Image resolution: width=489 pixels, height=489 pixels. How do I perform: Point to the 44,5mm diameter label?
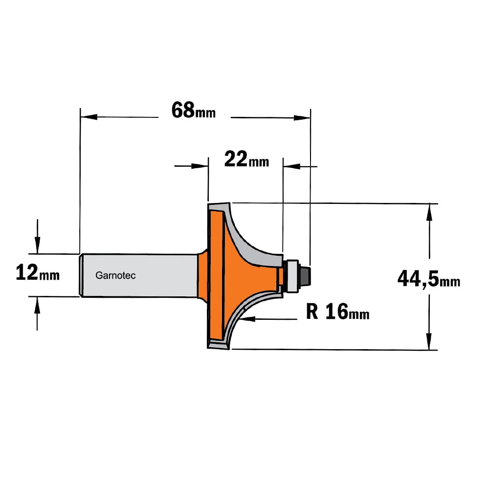[429, 279]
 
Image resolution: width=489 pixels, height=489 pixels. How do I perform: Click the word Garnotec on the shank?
[115, 275]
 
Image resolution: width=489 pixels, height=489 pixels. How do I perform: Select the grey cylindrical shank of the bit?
[139, 275]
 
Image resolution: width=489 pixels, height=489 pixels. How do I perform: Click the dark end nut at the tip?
[304, 275]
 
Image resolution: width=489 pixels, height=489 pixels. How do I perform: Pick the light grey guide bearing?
[292, 276]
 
